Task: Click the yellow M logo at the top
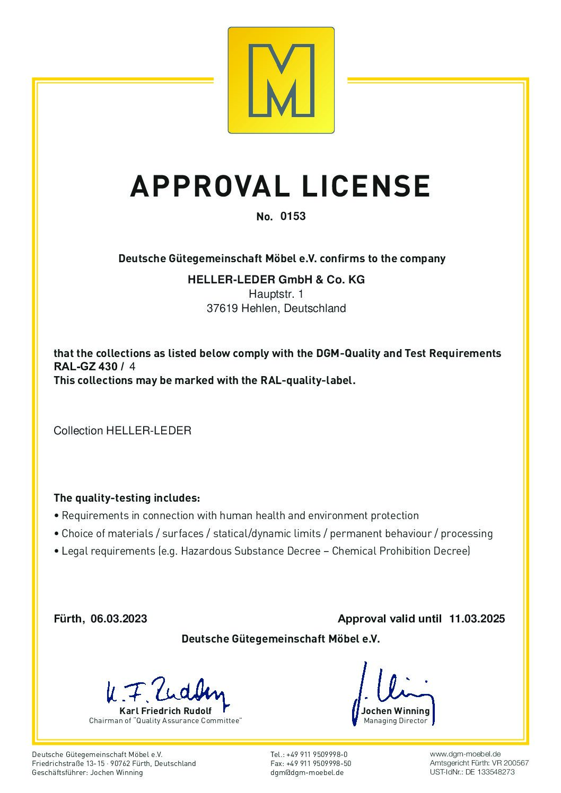coord(281,80)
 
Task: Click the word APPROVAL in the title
coord(209,186)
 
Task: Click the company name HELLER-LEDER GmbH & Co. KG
coord(276,280)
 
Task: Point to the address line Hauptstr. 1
coord(276,294)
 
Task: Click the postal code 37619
coord(222,308)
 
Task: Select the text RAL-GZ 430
coord(85,367)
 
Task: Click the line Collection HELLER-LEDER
coord(122,431)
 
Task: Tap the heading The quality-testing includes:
coord(127,498)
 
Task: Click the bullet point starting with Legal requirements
coord(262,551)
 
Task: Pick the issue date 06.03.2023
coord(119,619)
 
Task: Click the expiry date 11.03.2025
coord(477,619)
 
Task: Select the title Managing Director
coord(396,721)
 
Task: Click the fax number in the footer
coord(311,763)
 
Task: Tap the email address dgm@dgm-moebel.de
coord(307,772)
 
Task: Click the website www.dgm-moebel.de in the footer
coord(465,754)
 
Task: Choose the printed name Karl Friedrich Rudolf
coord(165,711)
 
